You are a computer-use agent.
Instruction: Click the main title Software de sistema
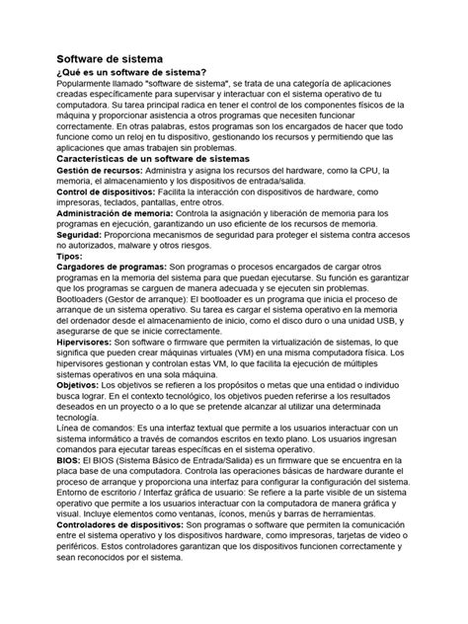115,59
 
